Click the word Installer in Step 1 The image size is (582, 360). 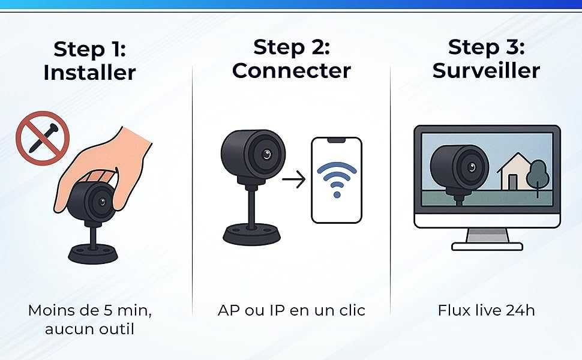point(89,73)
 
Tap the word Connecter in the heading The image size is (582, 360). point(291,70)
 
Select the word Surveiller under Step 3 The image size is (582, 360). point(486,70)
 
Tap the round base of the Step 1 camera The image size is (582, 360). point(93,253)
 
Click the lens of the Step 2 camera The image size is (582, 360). point(265,154)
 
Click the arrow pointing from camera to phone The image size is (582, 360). point(293,178)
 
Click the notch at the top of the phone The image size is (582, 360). point(336,140)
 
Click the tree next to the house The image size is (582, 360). point(539,175)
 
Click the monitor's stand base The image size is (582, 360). point(487,245)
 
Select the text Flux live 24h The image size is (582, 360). point(486,310)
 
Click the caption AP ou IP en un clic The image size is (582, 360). point(291,310)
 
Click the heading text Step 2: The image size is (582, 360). point(291,46)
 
